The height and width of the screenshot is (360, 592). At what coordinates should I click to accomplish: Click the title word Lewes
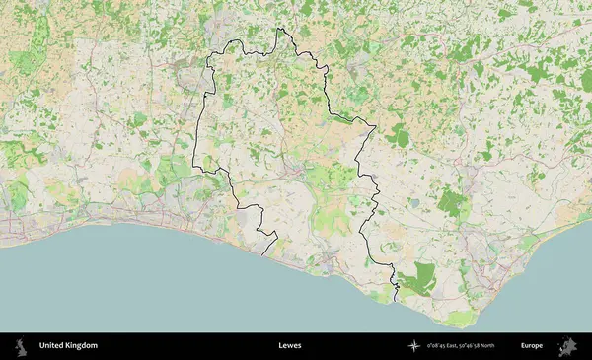pos(290,346)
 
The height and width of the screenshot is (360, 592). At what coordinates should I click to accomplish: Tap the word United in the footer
pos(52,346)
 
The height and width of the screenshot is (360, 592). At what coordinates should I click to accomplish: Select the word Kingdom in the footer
pos(82,346)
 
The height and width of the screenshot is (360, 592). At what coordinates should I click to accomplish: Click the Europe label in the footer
pos(532,346)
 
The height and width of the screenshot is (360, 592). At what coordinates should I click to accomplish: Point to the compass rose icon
pos(413,346)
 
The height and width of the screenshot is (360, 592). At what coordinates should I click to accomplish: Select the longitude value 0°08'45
pos(439,346)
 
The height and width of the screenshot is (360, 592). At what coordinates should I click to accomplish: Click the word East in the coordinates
pos(460,346)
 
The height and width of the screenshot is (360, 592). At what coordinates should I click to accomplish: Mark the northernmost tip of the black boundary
pos(279,29)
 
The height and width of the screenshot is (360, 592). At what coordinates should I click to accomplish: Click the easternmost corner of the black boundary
pos(375,126)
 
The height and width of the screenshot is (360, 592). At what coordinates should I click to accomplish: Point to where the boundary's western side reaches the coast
pos(263,255)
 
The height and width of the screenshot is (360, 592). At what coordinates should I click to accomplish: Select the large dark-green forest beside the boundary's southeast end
pos(422,278)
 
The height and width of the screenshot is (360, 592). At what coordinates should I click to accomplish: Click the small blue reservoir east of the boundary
pos(413,202)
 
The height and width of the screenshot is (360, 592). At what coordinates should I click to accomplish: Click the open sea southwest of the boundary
pos(118,286)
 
